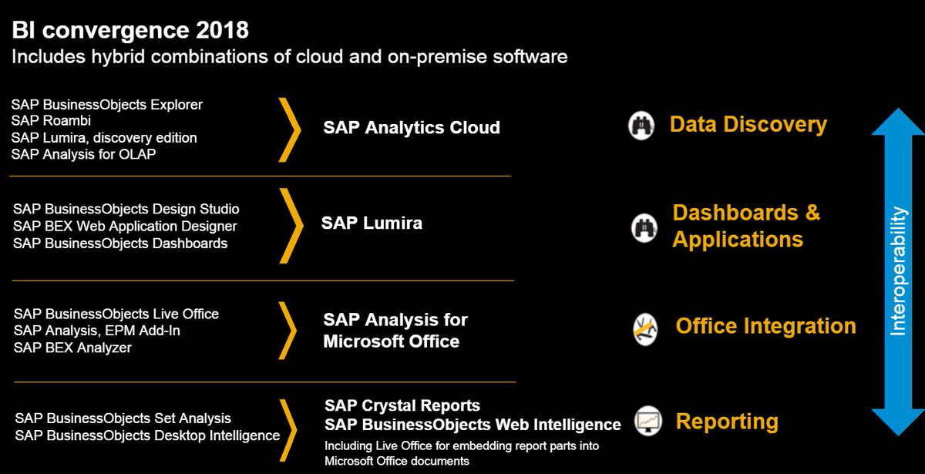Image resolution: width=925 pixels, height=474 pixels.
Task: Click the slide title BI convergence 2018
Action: coord(130,31)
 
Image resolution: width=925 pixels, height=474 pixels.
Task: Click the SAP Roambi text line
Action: coord(50,120)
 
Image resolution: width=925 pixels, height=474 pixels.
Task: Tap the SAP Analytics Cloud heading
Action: coord(412,127)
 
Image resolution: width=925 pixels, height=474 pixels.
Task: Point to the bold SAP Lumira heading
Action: coord(372,224)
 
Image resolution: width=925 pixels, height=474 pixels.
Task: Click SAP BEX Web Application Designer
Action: coord(125,226)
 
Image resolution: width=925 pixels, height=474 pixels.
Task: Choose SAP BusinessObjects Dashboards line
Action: coord(120,243)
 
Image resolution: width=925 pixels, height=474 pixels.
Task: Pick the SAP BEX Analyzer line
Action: coord(72,348)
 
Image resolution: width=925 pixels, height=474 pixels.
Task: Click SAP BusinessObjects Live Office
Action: coord(116,314)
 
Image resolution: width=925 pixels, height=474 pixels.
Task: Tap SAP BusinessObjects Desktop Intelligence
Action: coord(147,435)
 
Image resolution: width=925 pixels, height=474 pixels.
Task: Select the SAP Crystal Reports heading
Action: coord(402,405)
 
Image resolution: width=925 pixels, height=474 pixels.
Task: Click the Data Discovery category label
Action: coord(748,124)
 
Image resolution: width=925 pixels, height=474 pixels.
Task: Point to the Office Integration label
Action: coord(765,326)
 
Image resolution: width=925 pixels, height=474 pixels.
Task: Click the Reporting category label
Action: coord(727,422)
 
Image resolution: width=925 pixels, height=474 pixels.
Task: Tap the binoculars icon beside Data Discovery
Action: coord(641,125)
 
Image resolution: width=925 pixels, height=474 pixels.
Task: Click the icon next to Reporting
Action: coord(648,421)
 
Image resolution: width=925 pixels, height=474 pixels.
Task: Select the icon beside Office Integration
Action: coord(645,328)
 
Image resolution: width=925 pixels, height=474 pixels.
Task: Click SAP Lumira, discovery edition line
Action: coord(105,137)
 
